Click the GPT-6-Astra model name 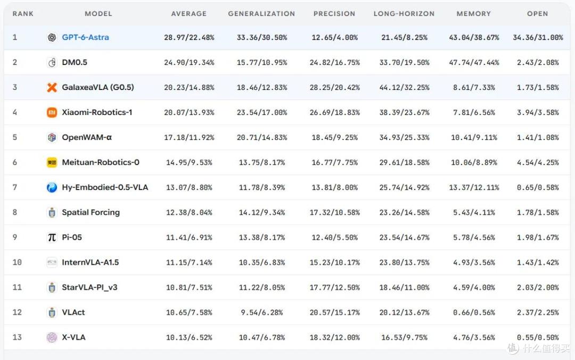pos(85,37)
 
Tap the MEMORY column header pos(473,13)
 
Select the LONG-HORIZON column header pos(404,13)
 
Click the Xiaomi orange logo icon pos(52,112)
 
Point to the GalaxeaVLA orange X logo pos(52,87)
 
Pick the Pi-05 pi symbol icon pos(52,238)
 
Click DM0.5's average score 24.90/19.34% pos(189,62)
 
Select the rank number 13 pos(17,337)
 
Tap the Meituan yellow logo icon pos(52,162)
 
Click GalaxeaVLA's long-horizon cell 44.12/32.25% pos(404,87)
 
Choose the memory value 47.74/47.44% pos(474,62)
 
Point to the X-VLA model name pos(73,337)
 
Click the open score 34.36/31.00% pos(538,37)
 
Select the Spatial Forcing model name pos(91,212)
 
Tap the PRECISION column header pos(334,13)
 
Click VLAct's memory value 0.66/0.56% pos(474,312)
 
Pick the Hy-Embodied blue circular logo pos(52,187)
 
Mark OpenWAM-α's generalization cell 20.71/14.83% pos(262,137)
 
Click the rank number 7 pos(15,187)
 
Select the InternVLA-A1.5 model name pos(90,263)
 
